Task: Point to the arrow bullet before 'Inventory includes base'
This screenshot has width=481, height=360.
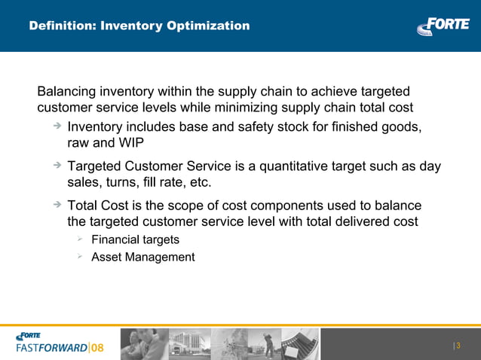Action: pyautogui.click(x=57, y=126)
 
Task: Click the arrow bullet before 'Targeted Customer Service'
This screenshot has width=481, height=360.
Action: pyautogui.click(x=57, y=166)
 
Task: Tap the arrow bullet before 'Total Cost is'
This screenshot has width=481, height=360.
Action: pyautogui.click(x=57, y=205)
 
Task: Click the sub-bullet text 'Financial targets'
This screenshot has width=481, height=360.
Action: pyautogui.click(x=135, y=240)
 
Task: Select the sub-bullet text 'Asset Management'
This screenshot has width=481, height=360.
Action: pyautogui.click(x=142, y=258)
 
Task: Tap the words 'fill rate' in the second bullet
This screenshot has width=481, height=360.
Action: pyautogui.click(x=166, y=183)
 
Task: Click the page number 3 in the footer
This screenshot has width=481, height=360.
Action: pyautogui.click(x=458, y=346)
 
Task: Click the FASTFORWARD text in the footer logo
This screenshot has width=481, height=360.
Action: pyautogui.click(x=51, y=348)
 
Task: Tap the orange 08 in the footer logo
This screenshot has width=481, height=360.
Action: pyautogui.click(x=98, y=348)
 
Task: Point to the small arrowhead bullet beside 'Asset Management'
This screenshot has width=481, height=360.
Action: pyautogui.click(x=80, y=257)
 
